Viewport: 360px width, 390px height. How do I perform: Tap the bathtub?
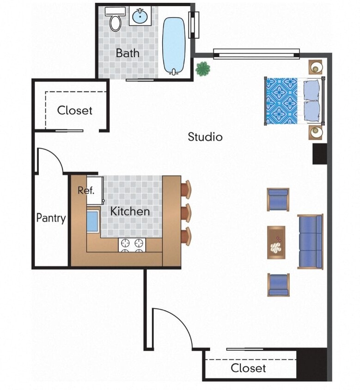tap(174, 45)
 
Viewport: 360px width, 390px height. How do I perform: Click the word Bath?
tap(128, 53)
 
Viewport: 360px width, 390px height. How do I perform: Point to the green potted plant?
tap(202, 69)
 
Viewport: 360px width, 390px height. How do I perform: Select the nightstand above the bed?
tap(316, 67)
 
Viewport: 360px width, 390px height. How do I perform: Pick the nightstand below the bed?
tap(316, 132)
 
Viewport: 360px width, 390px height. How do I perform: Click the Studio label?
tap(205, 137)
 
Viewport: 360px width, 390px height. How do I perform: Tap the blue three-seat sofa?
tap(310, 242)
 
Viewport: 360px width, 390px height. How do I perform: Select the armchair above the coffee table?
tap(278, 199)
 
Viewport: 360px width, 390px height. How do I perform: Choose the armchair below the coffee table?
tap(278, 284)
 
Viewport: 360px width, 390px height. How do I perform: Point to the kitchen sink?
tap(93, 221)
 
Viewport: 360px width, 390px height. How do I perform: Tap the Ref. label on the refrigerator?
tap(85, 190)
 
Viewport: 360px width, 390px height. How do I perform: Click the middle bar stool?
tap(185, 213)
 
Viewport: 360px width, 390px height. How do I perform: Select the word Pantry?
tap(51, 218)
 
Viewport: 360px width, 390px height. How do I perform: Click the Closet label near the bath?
tap(74, 110)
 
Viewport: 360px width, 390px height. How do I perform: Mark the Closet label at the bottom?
tap(248, 368)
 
